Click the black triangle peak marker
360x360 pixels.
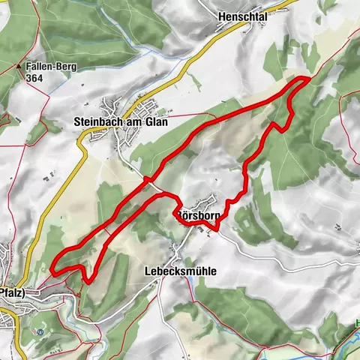pyautogui.click(x=19, y=66)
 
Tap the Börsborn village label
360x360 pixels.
pyautogui.click(x=196, y=212)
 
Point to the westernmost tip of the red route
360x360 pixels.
pyautogui.click(x=55, y=265)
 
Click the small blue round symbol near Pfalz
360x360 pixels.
pyautogui.click(x=40, y=331)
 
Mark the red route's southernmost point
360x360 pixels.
pyautogui.click(x=88, y=282)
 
